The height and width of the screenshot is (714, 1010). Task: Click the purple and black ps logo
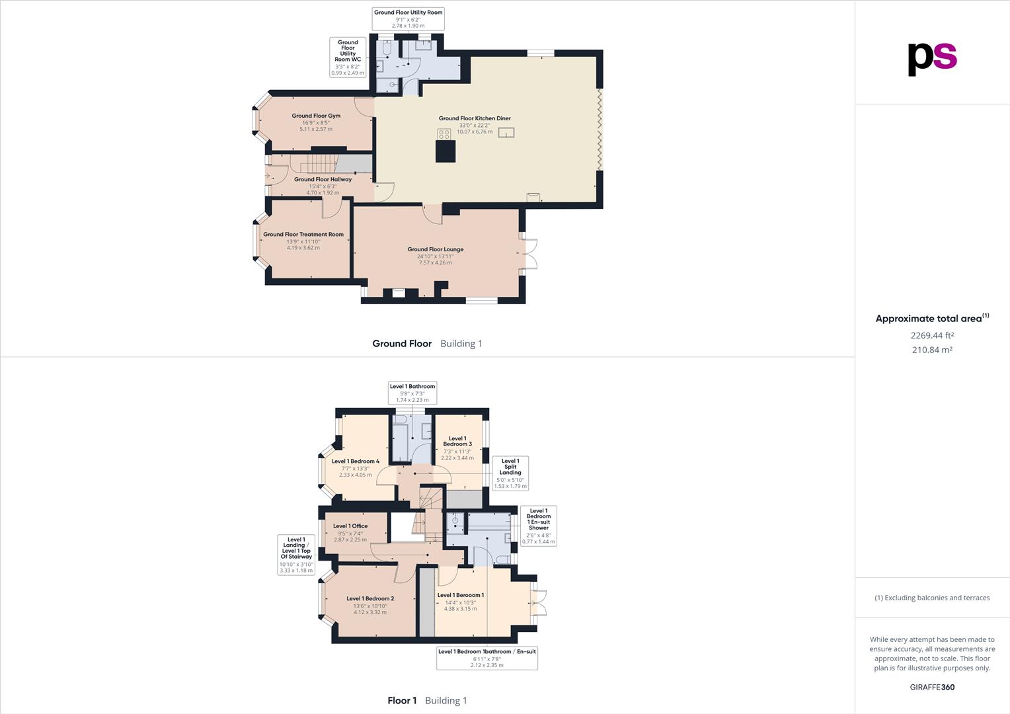pyautogui.click(x=932, y=58)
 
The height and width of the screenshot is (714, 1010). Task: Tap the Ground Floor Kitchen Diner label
pyautogui.click(x=475, y=118)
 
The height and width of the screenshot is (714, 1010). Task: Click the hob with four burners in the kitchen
pyautogui.click(x=444, y=134)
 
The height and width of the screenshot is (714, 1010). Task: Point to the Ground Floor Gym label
pyautogui.click(x=316, y=116)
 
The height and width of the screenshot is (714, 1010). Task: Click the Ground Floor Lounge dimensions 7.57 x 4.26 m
pyautogui.click(x=435, y=262)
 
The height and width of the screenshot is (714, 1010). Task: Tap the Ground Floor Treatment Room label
pyautogui.click(x=303, y=234)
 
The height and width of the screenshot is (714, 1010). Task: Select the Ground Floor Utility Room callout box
pyautogui.click(x=408, y=19)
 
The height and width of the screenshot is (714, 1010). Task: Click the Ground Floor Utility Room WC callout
pyautogui.click(x=348, y=57)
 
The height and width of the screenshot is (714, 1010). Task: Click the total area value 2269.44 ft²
pyautogui.click(x=932, y=335)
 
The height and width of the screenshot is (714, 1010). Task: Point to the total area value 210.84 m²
pyautogui.click(x=932, y=350)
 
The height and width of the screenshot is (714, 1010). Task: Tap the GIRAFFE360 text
pyautogui.click(x=932, y=687)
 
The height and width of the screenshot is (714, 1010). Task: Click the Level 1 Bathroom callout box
pyautogui.click(x=412, y=393)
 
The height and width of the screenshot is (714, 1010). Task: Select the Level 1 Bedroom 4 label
pyautogui.click(x=356, y=461)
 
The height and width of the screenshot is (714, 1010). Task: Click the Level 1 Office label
pyautogui.click(x=350, y=526)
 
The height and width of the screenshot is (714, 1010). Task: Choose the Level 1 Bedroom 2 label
pyautogui.click(x=370, y=599)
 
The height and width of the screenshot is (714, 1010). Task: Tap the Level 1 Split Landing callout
pyautogui.click(x=510, y=473)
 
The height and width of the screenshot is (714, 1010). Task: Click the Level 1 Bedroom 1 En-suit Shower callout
pyautogui.click(x=539, y=526)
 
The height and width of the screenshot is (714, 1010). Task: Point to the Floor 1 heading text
pyautogui.click(x=402, y=701)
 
